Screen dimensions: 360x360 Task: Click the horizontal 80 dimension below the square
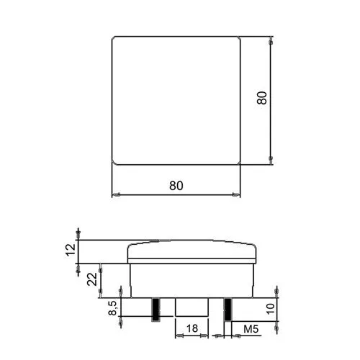(x=176, y=184)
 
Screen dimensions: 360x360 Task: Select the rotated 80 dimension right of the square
(x=263, y=99)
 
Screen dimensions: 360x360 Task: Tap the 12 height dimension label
(x=69, y=250)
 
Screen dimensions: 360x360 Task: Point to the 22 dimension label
(x=92, y=279)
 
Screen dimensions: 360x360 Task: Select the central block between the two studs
(x=192, y=307)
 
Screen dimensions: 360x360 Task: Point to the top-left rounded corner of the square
(x=115, y=39)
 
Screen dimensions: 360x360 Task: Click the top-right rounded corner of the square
(x=237, y=39)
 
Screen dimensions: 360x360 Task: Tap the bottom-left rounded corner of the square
(x=115, y=162)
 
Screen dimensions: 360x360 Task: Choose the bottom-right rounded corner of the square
(x=237, y=162)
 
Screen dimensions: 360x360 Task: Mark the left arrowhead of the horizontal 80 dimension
(x=114, y=194)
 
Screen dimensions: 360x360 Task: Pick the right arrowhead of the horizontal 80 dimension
(x=238, y=194)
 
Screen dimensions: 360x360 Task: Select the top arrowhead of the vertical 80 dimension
(x=270, y=39)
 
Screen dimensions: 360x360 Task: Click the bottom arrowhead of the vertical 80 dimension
(x=270, y=161)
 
